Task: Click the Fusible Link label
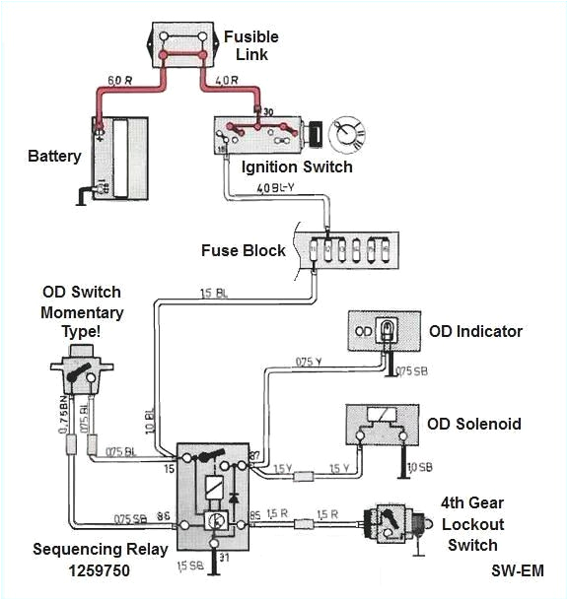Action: (250, 44)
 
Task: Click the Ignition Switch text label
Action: (297, 167)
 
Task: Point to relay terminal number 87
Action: (254, 455)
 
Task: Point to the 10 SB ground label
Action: (421, 465)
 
